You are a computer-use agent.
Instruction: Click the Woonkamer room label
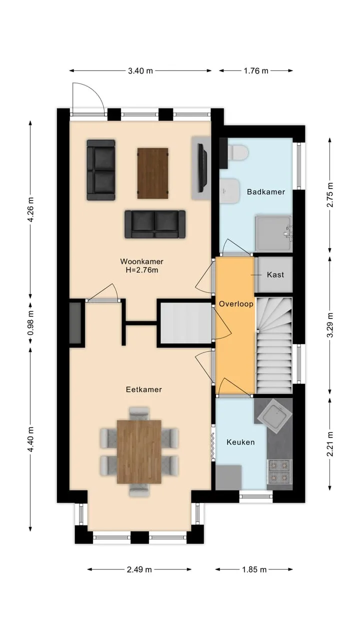pyautogui.click(x=141, y=261)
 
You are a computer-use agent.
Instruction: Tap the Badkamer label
pyautogui.click(x=266, y=191)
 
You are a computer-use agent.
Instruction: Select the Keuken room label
pyautogui.click(x=240, y=442)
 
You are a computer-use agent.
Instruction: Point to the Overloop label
pyautogui.click(x=236, y=303)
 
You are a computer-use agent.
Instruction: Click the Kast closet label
pyautogui.click(x=275, y=274)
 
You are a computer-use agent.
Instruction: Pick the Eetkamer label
pyautogui.click(x=144, y=389)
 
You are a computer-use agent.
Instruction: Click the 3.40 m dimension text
pyautogui.click(x=140, y=70)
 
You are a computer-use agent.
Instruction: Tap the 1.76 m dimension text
pyautogui.click(x=256, y=70)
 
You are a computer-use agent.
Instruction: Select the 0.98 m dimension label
pyautogui.click(x=30, y=322)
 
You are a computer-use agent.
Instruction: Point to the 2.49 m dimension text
pyautogui.click(x=139, y=569)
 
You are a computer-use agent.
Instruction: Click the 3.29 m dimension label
pyautogui.click(x=330, y=325)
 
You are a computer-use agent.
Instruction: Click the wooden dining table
pyautogui.click(x=139, y=451)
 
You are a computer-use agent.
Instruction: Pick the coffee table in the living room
pyautogui.click(x=152, y=173)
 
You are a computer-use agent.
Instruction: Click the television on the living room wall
pyautogui.click(x=203, y=167)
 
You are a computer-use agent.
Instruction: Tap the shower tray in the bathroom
pyautogui.click(x=273, y=233)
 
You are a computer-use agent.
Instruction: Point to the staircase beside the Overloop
pyautogui.click(x=273, y=345)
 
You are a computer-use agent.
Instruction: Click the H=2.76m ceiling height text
pyautogui.click(x=142, y=270)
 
